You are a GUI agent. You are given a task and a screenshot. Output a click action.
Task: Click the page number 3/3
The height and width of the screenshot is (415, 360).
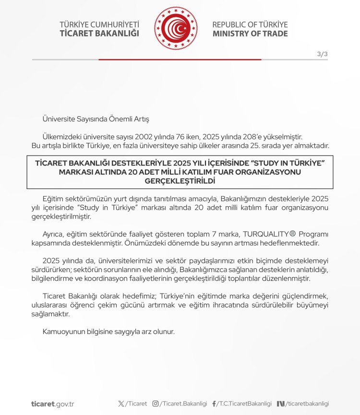point(322,54)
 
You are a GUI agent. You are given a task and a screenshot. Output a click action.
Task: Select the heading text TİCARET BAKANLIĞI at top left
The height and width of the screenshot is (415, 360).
point(99,34)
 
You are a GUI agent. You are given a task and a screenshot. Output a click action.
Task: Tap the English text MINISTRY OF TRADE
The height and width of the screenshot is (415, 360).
point(250,34)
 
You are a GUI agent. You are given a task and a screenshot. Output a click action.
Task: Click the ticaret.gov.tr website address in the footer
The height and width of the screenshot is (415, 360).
point(53,404)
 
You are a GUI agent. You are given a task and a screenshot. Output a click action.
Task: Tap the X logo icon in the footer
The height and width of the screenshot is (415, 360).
point(121,404)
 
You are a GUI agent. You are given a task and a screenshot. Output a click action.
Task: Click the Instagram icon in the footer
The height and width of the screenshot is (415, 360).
point(156,404)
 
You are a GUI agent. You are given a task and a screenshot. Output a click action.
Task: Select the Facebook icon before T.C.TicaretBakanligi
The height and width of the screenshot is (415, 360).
point(214,404)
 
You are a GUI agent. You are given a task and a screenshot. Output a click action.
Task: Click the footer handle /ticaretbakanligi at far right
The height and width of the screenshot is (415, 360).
point(307,404)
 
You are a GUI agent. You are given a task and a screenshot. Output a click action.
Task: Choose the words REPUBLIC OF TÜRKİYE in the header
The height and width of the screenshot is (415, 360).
point(250,24)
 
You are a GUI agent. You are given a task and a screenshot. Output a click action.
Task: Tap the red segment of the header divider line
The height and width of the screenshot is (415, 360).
point(180,59)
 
